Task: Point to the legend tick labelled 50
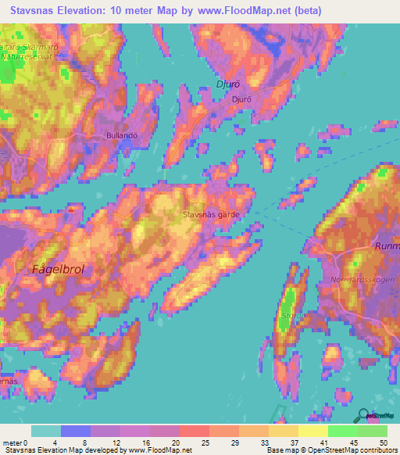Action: tap(383, 442)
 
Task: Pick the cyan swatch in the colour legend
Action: tap(46, 431)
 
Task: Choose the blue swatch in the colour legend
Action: tap(76, 431)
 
